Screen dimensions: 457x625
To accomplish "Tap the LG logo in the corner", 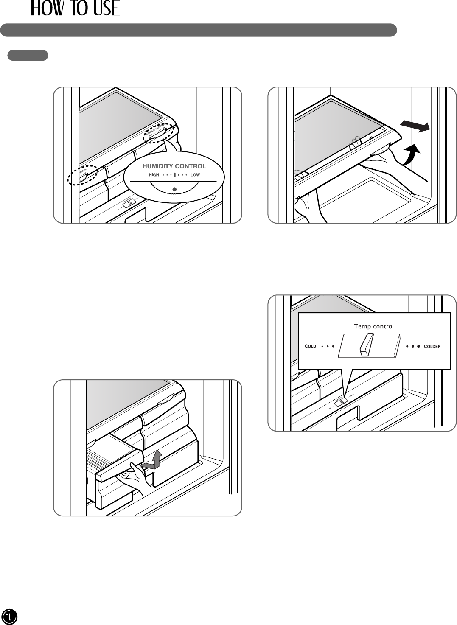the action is pyautogui.click(x=10, y=616).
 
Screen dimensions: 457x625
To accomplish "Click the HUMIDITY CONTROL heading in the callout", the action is pyautogui.click(x=174, y=166).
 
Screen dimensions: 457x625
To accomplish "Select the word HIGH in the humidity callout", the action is pyautogui.click(x=154, y=175).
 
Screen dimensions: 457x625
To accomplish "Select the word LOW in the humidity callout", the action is pyautogui.click(x=195, y=175).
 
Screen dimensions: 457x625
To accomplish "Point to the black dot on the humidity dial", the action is pyautogui.click(x=174, y=188).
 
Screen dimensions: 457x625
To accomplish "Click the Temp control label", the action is pyautogui.click(x=374, y=326).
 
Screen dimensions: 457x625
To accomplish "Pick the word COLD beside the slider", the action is pyautogui.click(x=311, y=346).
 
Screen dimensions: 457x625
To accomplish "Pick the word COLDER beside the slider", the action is pyautogui.click(x=432, y=346).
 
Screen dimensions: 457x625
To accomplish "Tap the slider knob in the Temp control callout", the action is pyautogui.click(x=366, y=344).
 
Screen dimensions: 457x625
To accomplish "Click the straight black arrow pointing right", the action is pyautogui.click(x=415, y=126).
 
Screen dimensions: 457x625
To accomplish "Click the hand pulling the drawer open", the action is pyautogui.click(x=137, y=476).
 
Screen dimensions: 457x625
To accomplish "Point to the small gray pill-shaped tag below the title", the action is pyautogui.click(x=28, y=55).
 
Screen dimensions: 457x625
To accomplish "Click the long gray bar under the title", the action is pyautogui.click(x=198, y=30).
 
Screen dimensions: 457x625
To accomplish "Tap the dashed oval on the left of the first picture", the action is pyautogui.click(x=82, y=175).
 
